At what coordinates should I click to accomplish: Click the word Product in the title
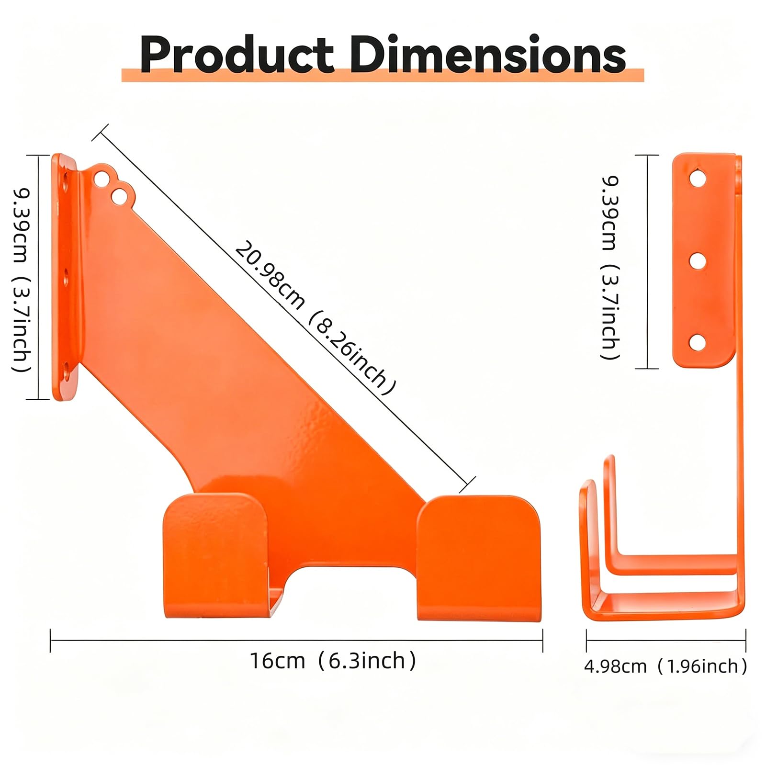237,55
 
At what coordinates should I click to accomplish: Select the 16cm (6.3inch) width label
333,661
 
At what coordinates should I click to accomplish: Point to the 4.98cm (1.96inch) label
665,666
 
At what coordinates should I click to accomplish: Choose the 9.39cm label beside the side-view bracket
610,214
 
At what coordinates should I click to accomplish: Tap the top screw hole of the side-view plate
698,179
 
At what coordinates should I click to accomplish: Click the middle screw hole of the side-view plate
698,261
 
